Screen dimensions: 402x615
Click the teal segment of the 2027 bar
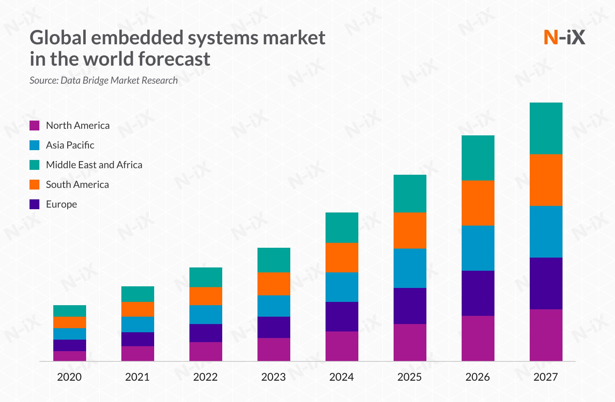[546, 128]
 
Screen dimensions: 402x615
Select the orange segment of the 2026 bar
[478, 203]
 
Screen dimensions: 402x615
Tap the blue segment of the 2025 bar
[410, 268]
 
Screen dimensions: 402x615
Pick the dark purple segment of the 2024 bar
[342, 317]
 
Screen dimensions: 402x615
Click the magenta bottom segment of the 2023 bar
[273, 349]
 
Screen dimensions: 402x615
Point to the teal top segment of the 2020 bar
[69, 311]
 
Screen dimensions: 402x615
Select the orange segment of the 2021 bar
[137, 309]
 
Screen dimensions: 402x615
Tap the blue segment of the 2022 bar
[205, 315]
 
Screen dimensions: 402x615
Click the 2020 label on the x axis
[69, 377]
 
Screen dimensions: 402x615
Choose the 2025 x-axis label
[410, 377]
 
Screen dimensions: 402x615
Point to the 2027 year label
[546, 377]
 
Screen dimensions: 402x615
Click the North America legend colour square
[34, 126]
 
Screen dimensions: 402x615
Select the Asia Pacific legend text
[70, 145]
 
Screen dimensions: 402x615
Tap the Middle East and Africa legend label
[94, 165]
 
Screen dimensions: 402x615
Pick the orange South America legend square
[34, 185]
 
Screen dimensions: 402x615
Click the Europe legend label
[61, 204]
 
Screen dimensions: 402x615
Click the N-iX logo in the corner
[564, 37]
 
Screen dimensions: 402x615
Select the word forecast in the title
[174, 59]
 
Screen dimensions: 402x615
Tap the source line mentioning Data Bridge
[104, 80]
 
